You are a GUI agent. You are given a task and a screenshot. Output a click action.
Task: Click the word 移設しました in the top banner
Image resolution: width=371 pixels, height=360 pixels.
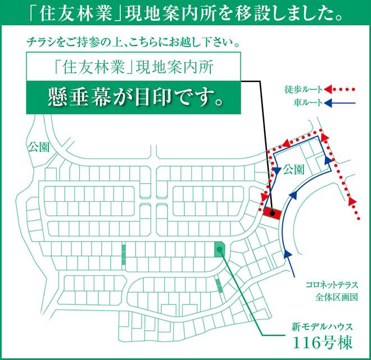coord(287,13)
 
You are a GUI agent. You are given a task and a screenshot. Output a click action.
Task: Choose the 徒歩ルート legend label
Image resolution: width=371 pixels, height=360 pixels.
coord(303,89)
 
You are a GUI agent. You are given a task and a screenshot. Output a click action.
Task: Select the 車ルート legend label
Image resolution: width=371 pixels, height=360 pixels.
coord(307,103)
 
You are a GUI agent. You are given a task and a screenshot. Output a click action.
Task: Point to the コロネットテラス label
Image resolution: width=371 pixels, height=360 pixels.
coord(331,285)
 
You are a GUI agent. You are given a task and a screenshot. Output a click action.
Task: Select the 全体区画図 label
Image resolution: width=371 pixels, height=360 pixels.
coord(332,297)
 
